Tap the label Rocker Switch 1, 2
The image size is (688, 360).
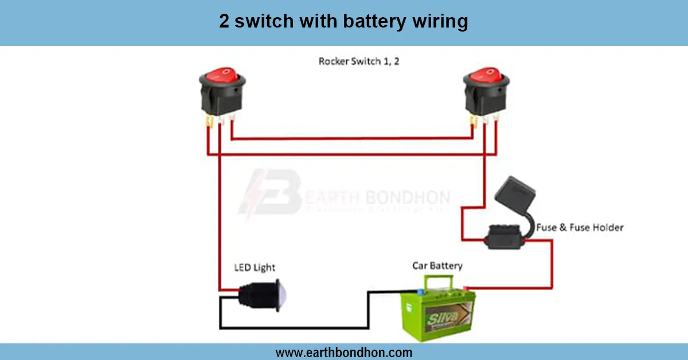click(359, 61)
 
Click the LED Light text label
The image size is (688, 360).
click(255, 268)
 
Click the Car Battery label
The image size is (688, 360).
click(437, 266)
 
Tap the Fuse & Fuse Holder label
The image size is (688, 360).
click(580, 228)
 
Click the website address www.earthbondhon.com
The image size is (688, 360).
click(344, 353)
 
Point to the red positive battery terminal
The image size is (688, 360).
click(466, 288)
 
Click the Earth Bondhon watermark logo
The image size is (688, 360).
click(269, 192)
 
